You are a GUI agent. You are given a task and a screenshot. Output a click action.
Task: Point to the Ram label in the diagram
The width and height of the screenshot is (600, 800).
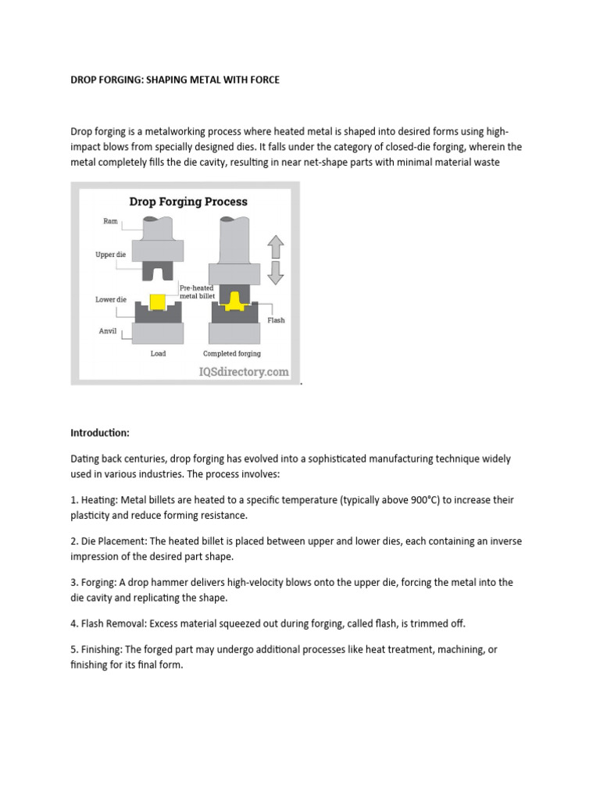(x=110, y=221)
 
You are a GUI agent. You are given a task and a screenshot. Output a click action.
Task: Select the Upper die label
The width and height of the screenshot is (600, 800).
(x=110, y=255)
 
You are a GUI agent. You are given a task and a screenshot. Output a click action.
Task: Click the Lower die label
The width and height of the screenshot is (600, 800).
(x=110, y=299)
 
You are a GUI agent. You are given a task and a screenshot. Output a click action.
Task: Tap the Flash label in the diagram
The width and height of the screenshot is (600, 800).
(x=276, y=320)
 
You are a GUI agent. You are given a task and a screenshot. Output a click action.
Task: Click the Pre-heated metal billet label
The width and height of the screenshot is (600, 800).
(x=196, y=291)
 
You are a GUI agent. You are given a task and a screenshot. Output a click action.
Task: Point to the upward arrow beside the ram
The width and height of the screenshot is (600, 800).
(x=275, y=248)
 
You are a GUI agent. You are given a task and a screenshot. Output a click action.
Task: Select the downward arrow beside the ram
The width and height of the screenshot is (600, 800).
(x=275, y=273)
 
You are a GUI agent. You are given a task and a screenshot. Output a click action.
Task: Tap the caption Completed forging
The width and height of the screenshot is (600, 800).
(x=231, y=353)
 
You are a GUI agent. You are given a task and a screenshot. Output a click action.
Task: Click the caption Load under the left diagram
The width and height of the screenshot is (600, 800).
(x=158, y=353)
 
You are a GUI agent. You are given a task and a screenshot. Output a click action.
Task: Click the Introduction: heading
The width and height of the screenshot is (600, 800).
(x=99, y=432)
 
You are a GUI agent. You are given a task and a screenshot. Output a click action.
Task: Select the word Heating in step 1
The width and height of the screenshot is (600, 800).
(x=99, y=500)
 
